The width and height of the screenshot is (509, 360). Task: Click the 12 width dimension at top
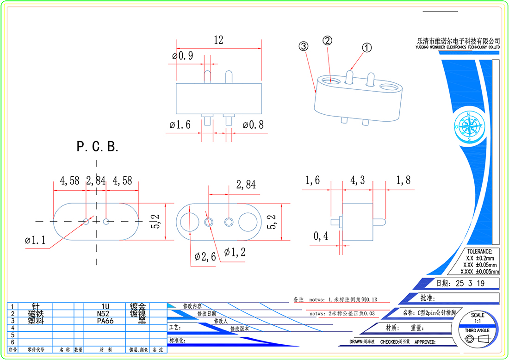click(x=218, y=40)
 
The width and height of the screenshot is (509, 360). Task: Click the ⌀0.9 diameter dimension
click(x=182, y=56)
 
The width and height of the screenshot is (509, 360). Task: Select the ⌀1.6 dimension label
click(x=180, y=124)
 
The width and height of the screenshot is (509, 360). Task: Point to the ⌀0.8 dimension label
click(x=254, y=124)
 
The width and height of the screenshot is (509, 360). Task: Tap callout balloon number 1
click(x=366, y=48)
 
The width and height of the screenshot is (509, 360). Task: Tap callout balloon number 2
click(x=327, y=41)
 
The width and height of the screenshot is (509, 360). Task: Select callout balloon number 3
click(x=303, y=46)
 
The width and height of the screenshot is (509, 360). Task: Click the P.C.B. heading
click(x=98, y=147)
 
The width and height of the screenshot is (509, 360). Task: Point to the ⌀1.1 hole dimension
click(x=36, y=241)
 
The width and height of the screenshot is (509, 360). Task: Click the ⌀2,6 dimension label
click(x=205, y=256)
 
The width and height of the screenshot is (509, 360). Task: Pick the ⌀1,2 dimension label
click(x=235, y=252)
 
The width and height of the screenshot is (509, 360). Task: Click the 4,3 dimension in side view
click(x=357, y=180)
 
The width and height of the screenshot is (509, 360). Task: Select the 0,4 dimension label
click(x=321, y=236)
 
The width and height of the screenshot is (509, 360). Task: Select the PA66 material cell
click(x=106, y=320)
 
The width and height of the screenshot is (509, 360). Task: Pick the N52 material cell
click(x=106, y=313)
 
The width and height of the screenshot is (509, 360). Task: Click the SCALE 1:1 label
click(x=478, y=318)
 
